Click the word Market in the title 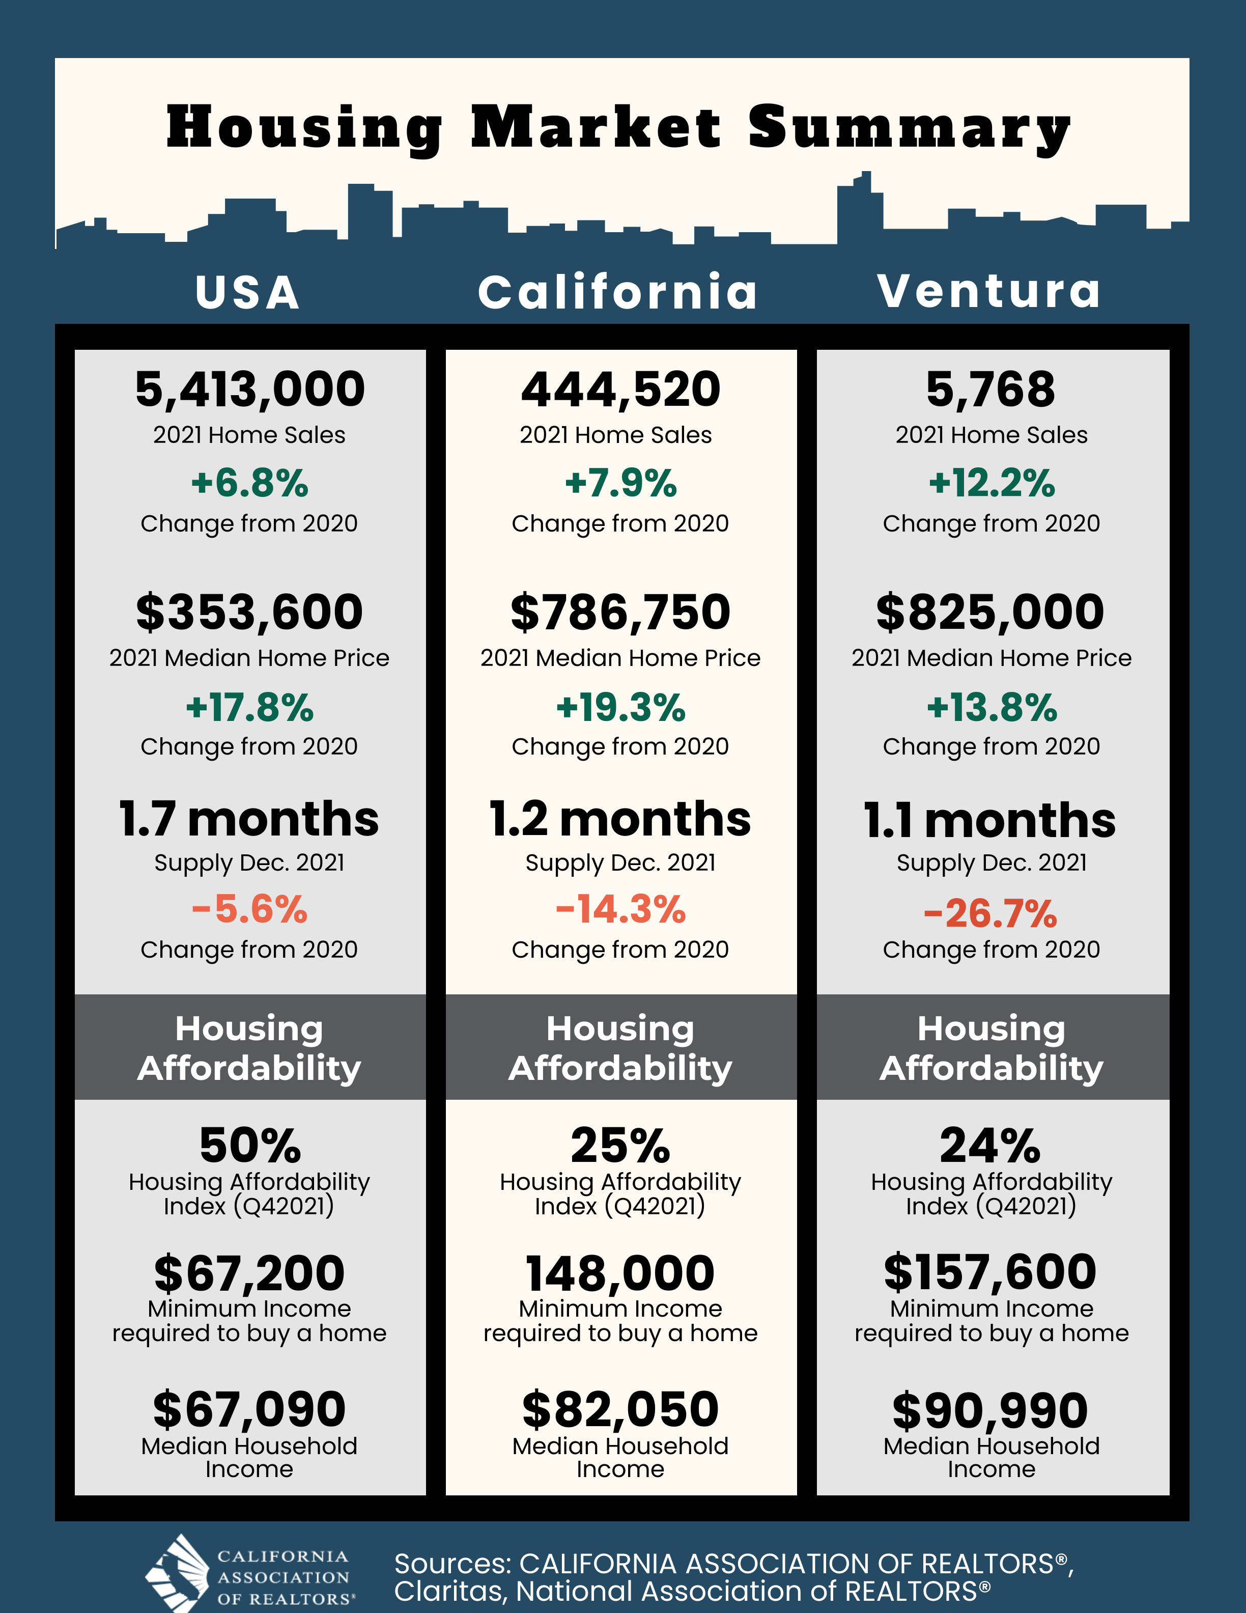tap(596, 127)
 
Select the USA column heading tap(248, 292)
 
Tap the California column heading tap(618, 292)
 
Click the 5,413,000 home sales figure tap(249, 389)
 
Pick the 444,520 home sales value tap(620, 389)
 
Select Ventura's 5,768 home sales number tap(990, 389)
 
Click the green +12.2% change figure tap(992, 483)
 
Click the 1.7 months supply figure tap(249, 819)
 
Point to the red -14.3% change tap(620, 909)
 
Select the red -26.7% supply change tap(990, 913)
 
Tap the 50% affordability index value tap(249, 1146)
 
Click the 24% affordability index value tap(990, 1146)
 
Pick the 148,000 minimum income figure tap(620, 1273)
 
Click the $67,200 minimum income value tap(249, 1273)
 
